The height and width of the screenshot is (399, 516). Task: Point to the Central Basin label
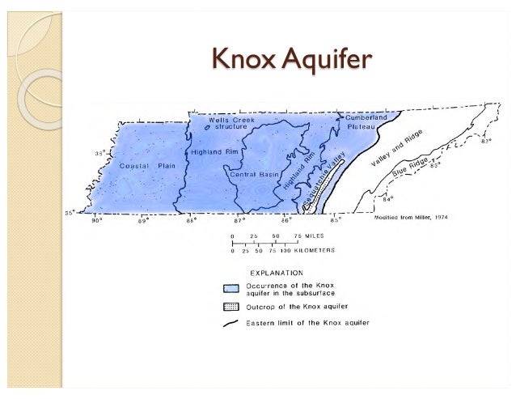(x=254, y=174)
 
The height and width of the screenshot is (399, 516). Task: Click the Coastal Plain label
(x=147, y=165)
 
